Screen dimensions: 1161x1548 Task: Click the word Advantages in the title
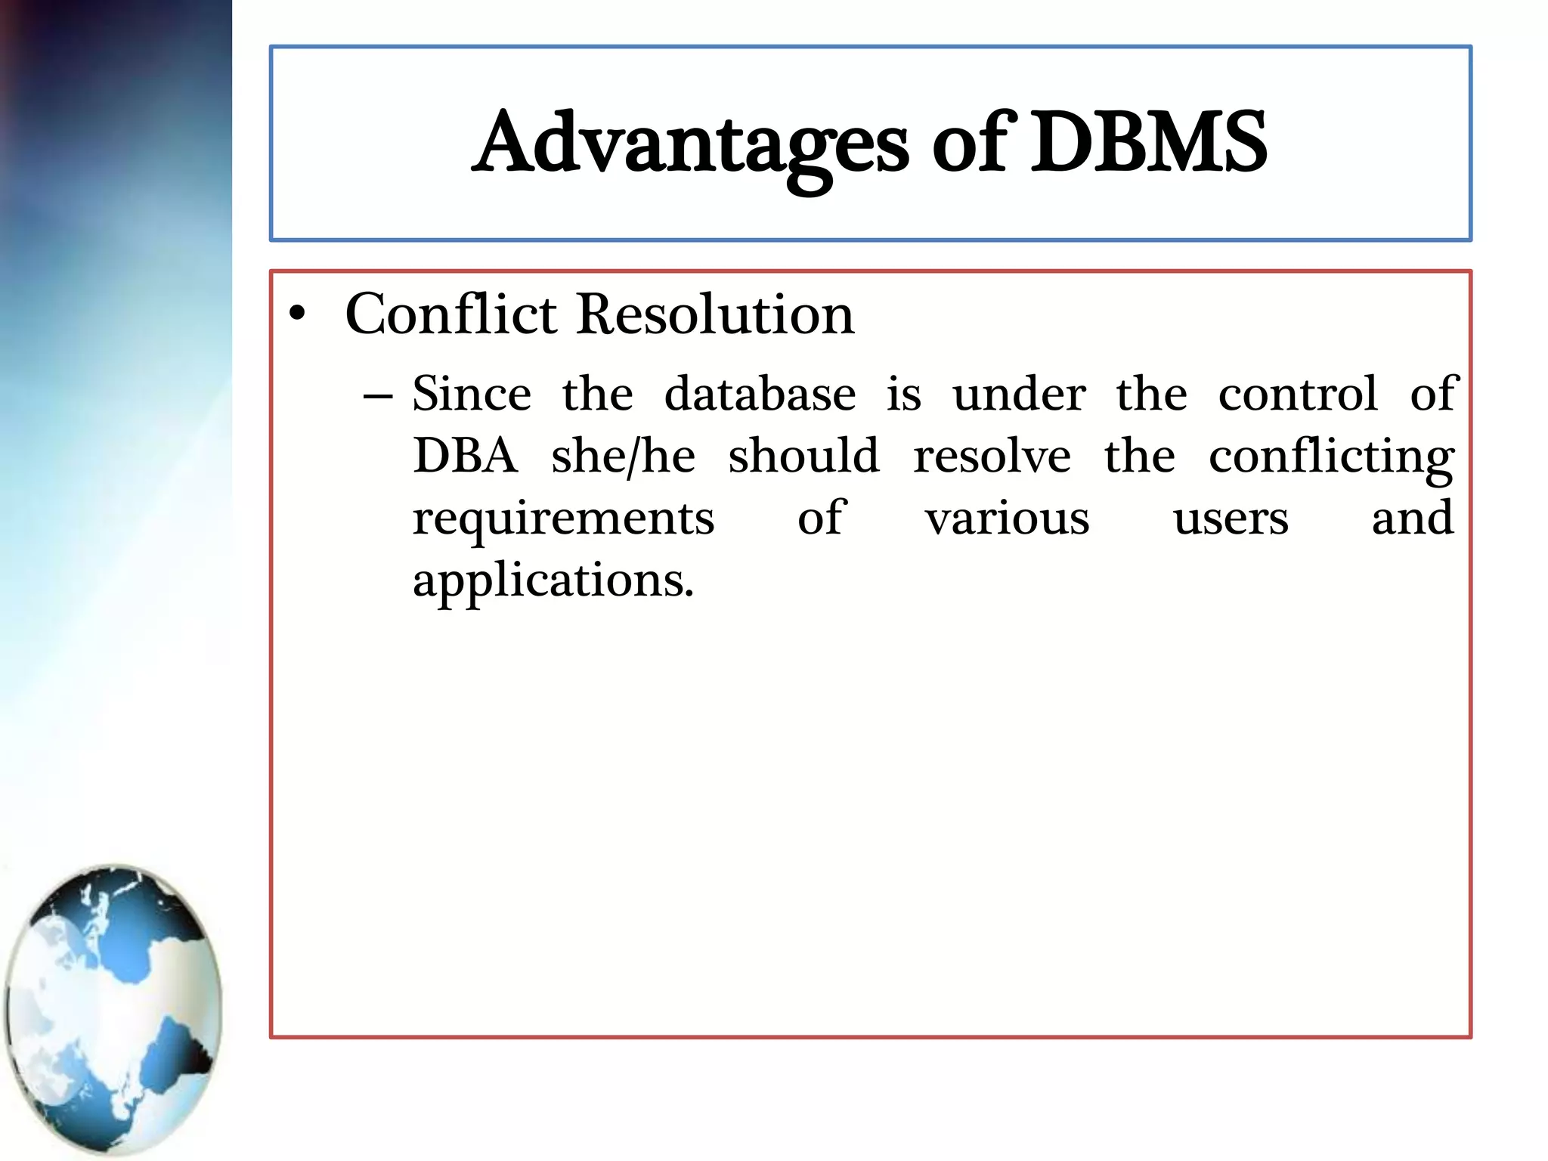coord(692,144)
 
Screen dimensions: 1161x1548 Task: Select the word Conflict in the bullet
coord(451,314)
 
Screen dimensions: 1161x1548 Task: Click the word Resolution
coord(715,314)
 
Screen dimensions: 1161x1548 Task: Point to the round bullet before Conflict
coord(298,314)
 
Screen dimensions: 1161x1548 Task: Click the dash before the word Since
coord(377,396)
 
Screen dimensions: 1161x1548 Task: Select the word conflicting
coord(1331,458)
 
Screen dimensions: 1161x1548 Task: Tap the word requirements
coord(563,519)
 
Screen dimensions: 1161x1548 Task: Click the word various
coord(1008,519)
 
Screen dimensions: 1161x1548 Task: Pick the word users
coord(1231,519)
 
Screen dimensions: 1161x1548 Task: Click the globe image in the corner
coord(113,1009)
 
